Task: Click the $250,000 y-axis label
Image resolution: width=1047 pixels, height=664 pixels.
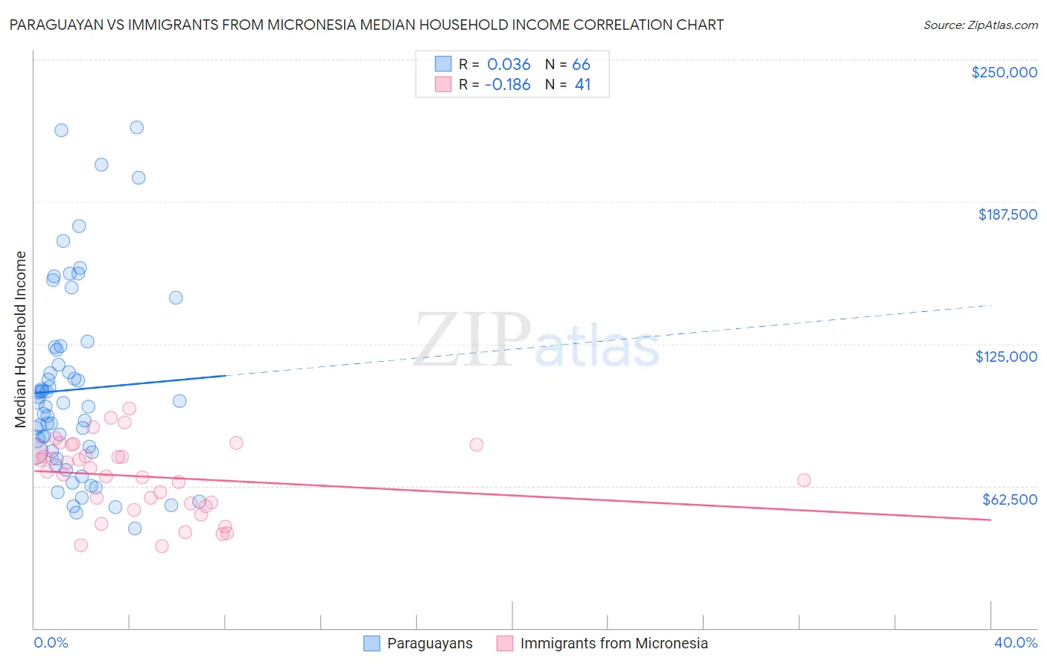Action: coord(1004,72)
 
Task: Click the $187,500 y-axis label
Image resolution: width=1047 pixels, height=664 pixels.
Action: coord(1007,214)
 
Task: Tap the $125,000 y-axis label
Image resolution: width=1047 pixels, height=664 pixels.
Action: coord(1006,357)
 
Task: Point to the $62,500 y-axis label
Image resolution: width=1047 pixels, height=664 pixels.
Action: coord(1009,499)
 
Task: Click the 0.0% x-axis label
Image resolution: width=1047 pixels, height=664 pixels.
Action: coord(51,642)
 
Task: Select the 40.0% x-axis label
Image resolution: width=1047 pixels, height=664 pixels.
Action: coord(1015,642)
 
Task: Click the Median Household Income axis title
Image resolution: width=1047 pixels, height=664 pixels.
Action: coord(21,339)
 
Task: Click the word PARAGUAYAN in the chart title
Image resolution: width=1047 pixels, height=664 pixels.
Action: coord(52,25)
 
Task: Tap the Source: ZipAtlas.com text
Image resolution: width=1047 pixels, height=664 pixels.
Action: coord(980,25)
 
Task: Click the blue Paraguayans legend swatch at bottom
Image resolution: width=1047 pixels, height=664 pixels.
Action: coord(372,643)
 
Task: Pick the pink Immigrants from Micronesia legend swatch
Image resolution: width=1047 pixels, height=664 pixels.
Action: coord(505,643)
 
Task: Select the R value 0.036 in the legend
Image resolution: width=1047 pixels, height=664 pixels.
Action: coord(509,65)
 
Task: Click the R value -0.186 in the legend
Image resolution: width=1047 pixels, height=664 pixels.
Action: coord(507,85)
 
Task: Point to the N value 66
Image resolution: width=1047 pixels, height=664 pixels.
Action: coord(581,65)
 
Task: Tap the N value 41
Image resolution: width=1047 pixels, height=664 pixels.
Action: coord(582,85)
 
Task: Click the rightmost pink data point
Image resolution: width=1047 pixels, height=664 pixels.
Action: coord(803,480)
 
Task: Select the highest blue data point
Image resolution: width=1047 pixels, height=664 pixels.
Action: coord(137,127)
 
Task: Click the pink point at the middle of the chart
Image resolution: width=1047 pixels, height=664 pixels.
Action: coord(477,444)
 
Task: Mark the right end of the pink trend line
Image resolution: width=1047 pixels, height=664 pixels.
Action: coord(990,520)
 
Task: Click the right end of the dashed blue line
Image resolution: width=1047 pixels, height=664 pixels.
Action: coord(990,305)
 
